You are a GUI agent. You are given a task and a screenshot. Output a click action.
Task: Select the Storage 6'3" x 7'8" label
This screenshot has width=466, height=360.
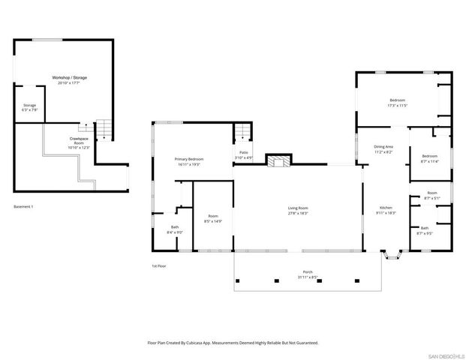click(x=29, y=108)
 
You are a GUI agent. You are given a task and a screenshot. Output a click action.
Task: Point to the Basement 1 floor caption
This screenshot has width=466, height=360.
click(x=24, y=206)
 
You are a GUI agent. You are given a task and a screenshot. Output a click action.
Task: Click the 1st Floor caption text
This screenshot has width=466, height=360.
click(x=159, y=266)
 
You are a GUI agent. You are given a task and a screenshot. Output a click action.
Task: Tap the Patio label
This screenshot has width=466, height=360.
click(x=243, y=154)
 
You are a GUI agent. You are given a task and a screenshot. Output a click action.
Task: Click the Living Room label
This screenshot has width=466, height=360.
click(x=298, y=210)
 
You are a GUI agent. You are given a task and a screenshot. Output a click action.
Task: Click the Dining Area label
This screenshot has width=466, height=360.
click(x=384, y=148)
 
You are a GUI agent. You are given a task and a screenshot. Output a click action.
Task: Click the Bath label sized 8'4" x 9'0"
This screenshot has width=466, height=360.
click(x=175, y=229)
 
